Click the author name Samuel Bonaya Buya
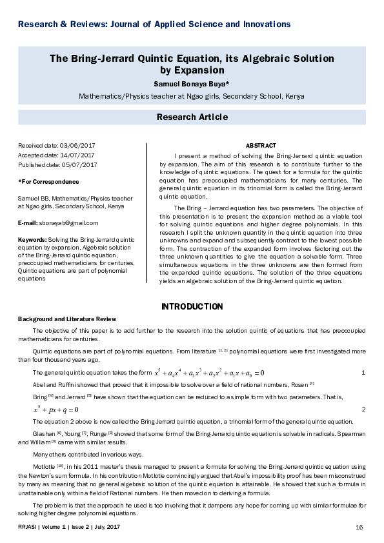(x=192, y=84)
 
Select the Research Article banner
(x=192, y=117)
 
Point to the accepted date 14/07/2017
(x=76, y=155)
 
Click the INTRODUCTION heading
(x=192, y=306)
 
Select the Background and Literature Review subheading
(x=67, y=319)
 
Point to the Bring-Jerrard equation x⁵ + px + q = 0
(x=56, y=410)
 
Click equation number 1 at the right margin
(x=363, y=373)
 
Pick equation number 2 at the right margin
(x=363, y=410)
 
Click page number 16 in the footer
(x=359, y=527)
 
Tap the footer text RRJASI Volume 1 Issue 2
(x=72, y=527)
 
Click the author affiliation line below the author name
(x=192, y=96)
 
